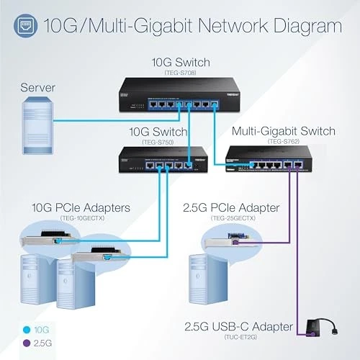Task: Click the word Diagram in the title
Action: pos(297,27)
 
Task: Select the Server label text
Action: pos(37,87)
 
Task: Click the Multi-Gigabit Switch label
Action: pos(284,131)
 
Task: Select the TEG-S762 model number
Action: pos(284,142)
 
